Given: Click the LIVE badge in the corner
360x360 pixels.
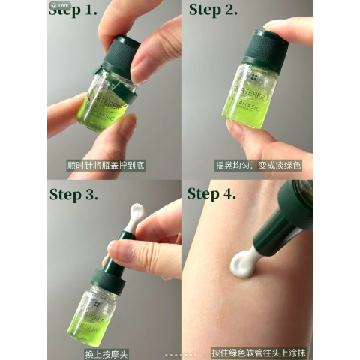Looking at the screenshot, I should [59, 4].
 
